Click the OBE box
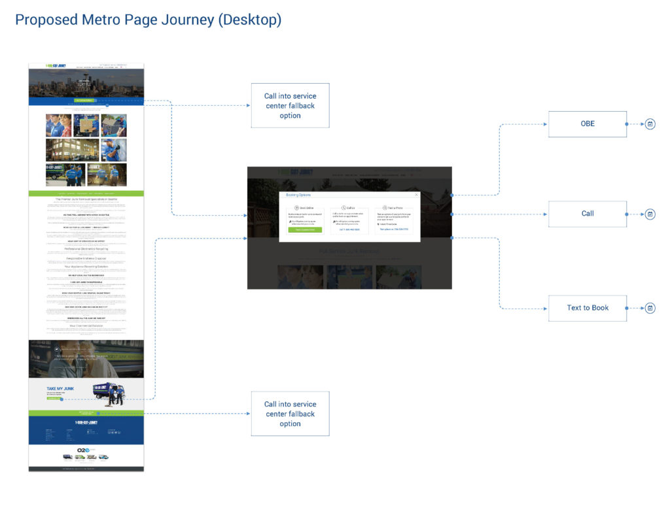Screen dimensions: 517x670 coord(587,124)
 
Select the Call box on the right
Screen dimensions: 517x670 coord(587,214)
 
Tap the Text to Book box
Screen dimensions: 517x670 coord(587,308)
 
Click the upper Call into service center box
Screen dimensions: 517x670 coord(290,105)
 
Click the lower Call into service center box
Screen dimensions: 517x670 coord(290,414)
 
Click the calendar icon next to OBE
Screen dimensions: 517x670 coord(650,124)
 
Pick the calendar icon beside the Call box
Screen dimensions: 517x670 coord(650,214)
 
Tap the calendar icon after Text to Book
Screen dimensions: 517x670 coord(650,308)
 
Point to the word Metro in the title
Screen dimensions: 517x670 coord(102,20)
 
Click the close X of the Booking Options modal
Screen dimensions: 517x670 coord(416,195)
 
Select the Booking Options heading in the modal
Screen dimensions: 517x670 coord(298,195)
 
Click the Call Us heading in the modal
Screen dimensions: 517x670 coord(349,208)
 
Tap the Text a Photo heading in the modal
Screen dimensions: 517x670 coord(395,208)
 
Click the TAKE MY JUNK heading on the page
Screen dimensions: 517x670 coord(60,389)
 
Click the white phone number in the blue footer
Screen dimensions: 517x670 coord(86,423)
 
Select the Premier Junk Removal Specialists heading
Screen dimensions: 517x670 coord(86,199)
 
